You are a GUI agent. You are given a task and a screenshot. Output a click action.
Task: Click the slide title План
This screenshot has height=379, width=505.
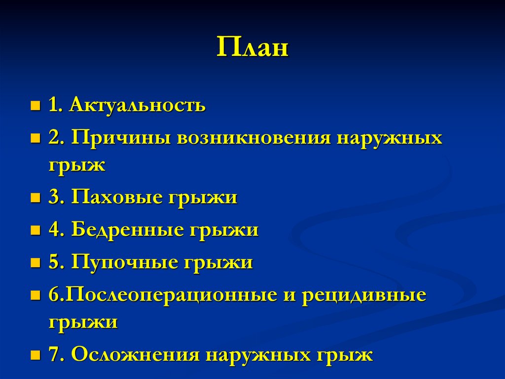(252, 49)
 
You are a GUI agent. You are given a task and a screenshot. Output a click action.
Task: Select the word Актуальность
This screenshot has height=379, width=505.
(138, 105)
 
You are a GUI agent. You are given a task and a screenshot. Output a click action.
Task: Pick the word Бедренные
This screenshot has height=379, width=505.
(126, 230)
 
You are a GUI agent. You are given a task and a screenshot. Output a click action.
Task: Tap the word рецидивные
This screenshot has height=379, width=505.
(364, 295)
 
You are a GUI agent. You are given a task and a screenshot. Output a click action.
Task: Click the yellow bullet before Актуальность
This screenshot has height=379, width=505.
(35, 106)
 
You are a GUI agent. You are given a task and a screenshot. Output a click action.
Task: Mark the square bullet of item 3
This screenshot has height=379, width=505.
(35, 198)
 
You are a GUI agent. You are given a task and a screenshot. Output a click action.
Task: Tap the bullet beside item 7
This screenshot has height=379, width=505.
(35, 355)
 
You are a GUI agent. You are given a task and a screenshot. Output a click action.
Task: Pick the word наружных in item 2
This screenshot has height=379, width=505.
(390, 138)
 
